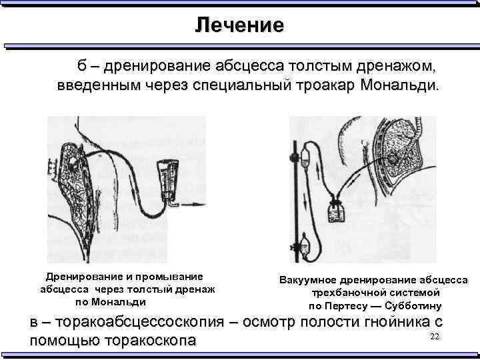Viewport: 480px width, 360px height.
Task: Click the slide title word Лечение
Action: [239, 25]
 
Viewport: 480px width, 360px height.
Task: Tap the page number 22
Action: [435, 335]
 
